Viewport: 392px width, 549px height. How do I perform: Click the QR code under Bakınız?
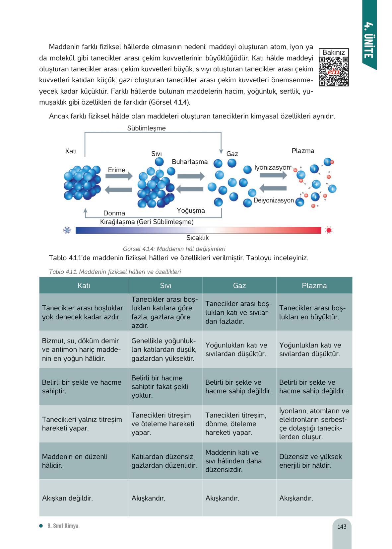pos(334,71)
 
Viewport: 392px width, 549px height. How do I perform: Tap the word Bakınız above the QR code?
pos(334,52)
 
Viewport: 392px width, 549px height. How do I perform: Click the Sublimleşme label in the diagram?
pos(146,128)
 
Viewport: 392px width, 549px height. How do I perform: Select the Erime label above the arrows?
pos(117,170)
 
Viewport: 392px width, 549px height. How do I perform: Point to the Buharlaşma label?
pos(190,162)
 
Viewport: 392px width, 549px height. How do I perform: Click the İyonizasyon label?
pos(272,167)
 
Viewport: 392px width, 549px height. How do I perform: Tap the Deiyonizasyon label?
pos(274,200)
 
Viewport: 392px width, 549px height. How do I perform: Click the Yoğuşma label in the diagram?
pos(191,210)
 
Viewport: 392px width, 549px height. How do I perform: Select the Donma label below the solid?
pos(114,213)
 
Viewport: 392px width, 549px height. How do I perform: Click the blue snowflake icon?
pos(67,230)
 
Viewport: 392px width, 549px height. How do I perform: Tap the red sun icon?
pos(329,230)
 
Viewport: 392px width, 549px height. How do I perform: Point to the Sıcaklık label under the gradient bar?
pos(197,238)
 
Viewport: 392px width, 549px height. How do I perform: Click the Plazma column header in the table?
pos(314,285)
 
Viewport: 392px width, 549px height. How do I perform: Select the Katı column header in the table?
pos(84,285)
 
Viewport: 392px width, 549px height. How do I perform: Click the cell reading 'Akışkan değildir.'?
pos(67,498)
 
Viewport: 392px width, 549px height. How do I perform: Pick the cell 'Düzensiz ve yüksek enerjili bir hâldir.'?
pos(310,461)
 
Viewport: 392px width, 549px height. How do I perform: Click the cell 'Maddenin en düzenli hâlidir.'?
pos(75,461)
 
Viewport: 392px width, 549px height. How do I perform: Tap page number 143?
pos(342,527)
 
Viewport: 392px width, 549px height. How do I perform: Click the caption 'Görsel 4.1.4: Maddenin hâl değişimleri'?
pos(174,249)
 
